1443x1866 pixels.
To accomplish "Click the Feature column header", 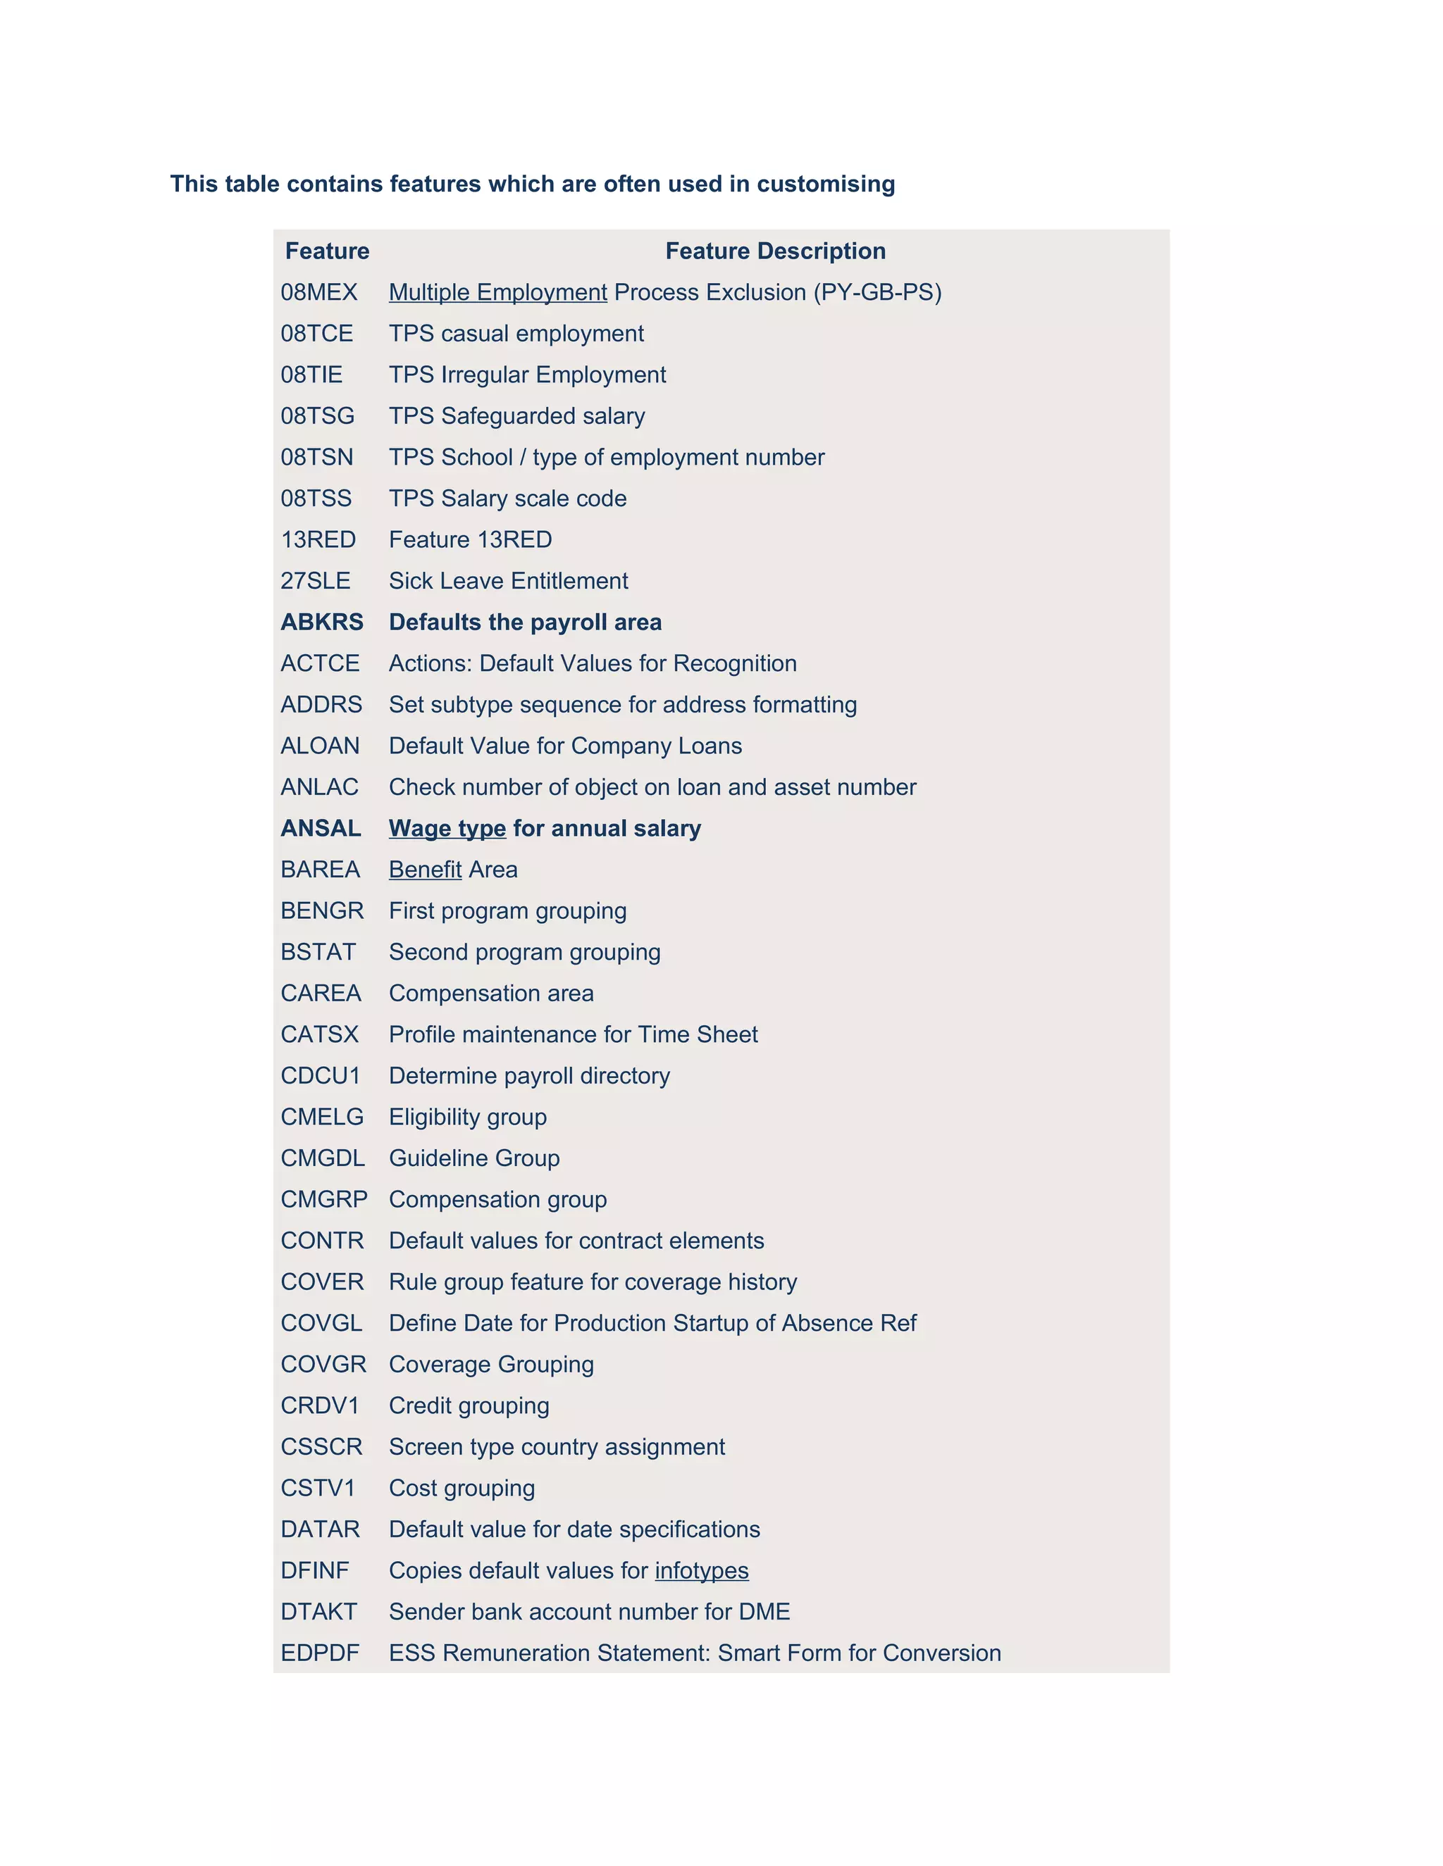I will click(328, 251).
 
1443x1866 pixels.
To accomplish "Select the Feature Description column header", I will click(775, 251).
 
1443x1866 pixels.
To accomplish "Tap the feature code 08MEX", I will click(319, 292).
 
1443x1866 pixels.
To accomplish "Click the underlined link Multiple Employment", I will click(497, 292).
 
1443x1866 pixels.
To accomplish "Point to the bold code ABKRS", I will click(321, 622).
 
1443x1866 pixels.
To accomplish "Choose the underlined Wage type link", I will click(447, 829).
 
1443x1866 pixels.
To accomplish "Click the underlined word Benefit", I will click(425, 870).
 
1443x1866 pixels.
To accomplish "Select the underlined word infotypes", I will click(701, 1570).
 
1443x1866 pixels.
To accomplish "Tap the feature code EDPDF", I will click(320, 1653).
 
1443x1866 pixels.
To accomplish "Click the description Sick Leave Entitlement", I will click(508, 581).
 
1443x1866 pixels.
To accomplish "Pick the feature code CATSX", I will click(320, 1034).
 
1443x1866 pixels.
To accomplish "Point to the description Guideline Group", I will click(473, 1158).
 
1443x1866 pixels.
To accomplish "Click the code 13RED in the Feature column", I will click(318, 540).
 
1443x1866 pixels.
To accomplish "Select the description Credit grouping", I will click(469, 1405).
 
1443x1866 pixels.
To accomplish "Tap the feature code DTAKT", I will click(318, 1613).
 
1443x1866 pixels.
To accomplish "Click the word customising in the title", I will click(826, 184).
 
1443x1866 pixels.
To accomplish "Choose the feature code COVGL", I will click(321, 1324).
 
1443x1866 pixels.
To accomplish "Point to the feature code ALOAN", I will click(320, 746).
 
